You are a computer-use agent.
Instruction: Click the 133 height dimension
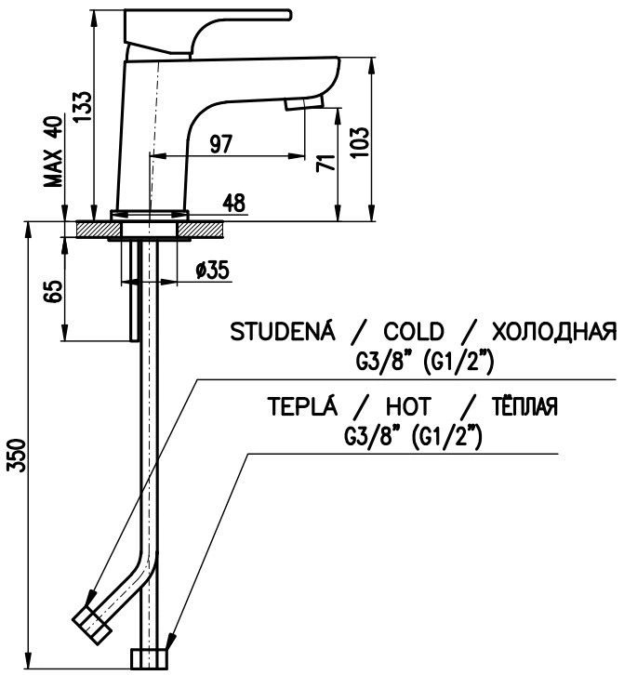[x=82, y=106]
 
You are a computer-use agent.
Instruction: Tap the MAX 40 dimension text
[x=54, y=152]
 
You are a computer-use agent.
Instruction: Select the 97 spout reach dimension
[x=221, y=144]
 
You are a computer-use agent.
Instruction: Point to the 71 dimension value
[x=325, y=163]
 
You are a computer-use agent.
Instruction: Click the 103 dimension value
[x=360, y=142]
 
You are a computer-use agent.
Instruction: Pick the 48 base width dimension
[x=233, y=203]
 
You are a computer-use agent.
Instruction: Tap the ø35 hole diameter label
[x=212, y=270]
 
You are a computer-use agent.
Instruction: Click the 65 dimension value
[x=54, y=291]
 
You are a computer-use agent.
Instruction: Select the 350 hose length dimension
[x=18, y=456]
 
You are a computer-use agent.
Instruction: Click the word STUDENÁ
[x=282, y=331]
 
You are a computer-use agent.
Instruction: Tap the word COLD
[x=414, y=332]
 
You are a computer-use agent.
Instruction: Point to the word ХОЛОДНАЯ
[x=554, y=332]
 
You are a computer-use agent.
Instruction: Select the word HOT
[x=408, y=406]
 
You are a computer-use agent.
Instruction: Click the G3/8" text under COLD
[x=382, y=362]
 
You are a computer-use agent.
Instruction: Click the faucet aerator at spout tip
[x=303, y=103]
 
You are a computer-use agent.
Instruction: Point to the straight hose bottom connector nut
[x=149, y=658]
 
